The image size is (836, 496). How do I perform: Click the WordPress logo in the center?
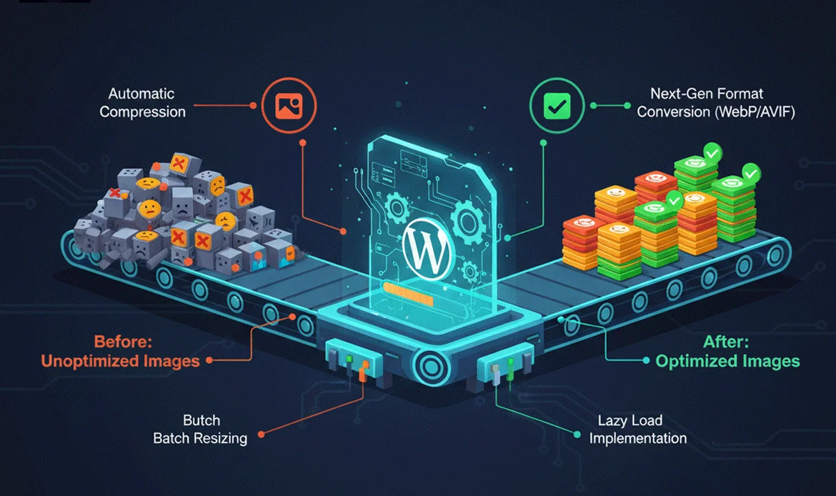point(427,246)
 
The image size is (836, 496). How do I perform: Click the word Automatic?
point(141,94)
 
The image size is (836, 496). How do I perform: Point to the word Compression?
point(142,112)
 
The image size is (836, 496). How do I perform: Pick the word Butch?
point(201,420)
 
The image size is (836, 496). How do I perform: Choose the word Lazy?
point(605,420)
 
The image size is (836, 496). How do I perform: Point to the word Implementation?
point(638,438)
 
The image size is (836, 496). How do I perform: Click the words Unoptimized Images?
point(120,361)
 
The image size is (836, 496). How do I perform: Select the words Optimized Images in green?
point(727,361)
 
